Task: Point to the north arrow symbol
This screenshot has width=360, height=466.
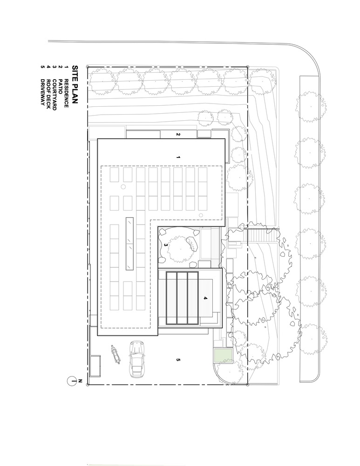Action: [x=72, y=381]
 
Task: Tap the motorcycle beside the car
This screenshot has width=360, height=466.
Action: [x=115, y=356]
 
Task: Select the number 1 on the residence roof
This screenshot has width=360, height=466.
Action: [x=178, y=158]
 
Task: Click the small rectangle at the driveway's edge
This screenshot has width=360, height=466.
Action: [x=95, y=366]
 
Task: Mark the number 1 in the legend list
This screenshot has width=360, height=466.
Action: [x=67, y=68]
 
